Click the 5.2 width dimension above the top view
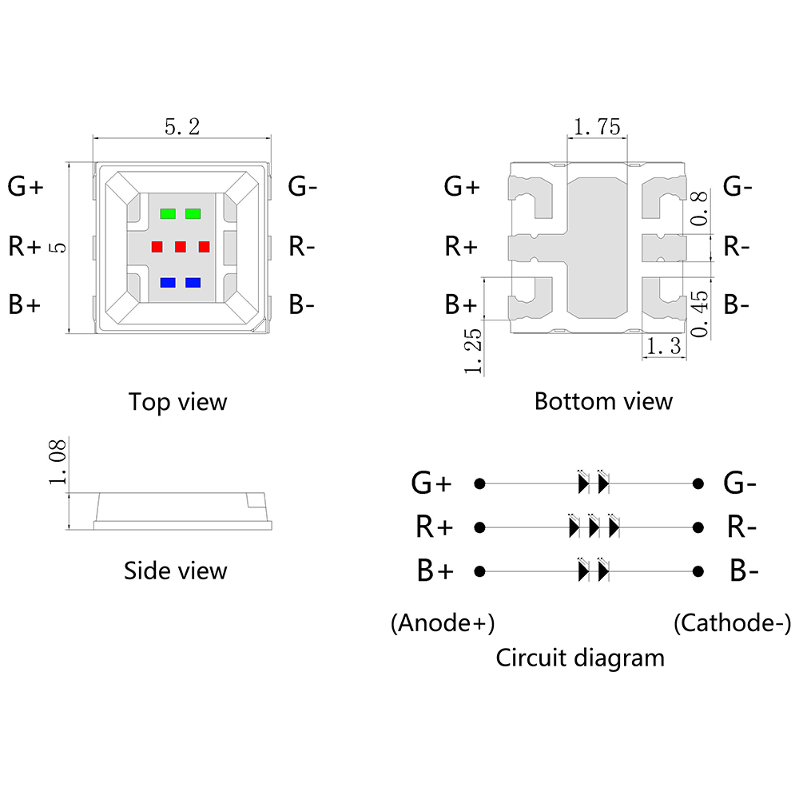pos(181,127)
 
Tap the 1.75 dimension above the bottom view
pos(597,127)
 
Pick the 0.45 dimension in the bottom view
pos(700,313)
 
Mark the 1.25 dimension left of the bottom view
pos(473,350)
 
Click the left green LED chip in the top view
pos(168,214)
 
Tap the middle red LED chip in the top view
pos(181,247)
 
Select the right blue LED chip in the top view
pos(193,283)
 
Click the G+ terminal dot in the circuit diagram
pos(479,483)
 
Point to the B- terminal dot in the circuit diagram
pos(698,571)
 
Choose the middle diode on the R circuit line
pos(594,527)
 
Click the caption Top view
pos(177,401)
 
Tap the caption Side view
pos(175,570)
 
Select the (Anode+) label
pos(442,622)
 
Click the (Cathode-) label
pos(732,622)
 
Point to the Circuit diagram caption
pos(580,658)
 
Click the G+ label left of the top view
pos(26,187)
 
